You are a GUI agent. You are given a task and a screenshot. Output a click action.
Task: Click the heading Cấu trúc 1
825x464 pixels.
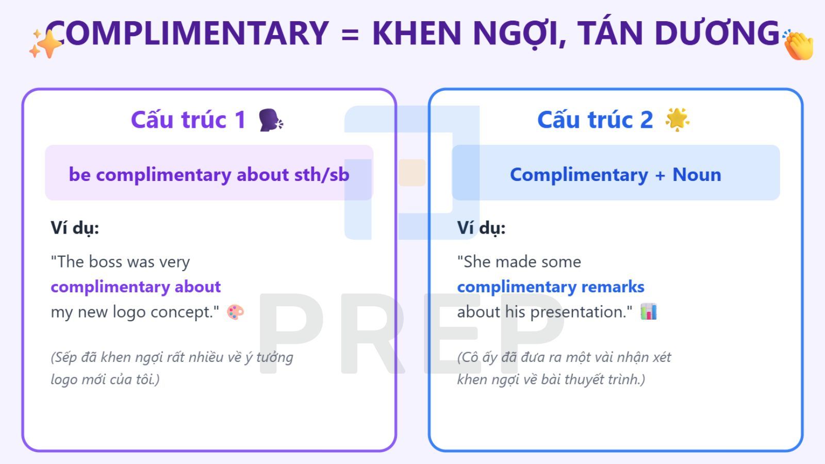point(188,120)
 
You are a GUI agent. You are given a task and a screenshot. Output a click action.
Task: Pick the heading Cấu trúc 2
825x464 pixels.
point(595,120)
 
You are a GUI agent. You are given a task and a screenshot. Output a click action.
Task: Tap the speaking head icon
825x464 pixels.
point(271,120)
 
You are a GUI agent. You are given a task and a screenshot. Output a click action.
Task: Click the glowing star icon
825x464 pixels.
point(677,120)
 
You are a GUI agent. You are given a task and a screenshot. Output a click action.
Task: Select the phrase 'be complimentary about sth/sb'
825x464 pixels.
point(209,174)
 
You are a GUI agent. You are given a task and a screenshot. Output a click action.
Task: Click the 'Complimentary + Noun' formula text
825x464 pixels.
point(615,174)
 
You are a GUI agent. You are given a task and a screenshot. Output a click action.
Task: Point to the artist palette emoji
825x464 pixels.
point(236,312)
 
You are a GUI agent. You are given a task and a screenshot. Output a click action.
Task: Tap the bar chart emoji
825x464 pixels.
point(649,312)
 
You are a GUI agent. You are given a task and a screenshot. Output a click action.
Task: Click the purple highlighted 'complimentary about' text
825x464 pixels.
point(136,287)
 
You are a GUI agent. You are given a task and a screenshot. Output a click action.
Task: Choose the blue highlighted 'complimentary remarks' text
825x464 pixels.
point(551,287)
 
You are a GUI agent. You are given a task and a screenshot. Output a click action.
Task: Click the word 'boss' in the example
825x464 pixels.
point(106,262)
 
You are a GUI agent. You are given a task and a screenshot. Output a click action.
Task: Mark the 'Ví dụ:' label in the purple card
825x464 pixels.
point(75,227)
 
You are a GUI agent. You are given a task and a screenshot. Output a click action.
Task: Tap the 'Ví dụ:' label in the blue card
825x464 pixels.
point(481,227)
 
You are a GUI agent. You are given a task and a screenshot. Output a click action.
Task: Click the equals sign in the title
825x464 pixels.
point(350,34)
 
